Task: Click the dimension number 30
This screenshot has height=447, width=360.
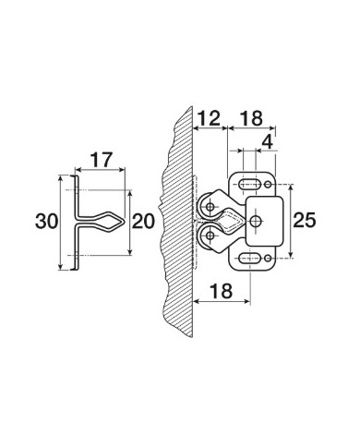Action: pos(46,222)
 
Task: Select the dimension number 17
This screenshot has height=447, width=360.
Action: pos(101,160)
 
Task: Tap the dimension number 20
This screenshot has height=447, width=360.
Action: pos(143,222)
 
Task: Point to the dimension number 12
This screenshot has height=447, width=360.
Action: pos(209,118)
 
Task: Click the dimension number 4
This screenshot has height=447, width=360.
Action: pos(267,142)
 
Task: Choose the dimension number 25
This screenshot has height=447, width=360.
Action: pos(305,221)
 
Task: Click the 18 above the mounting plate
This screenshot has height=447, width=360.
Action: pos(251,118)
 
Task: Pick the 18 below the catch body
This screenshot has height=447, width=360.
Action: pos(221,291)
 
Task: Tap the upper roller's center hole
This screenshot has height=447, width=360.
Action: pos(210,207)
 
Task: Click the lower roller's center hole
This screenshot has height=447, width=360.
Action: pos(210,236)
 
